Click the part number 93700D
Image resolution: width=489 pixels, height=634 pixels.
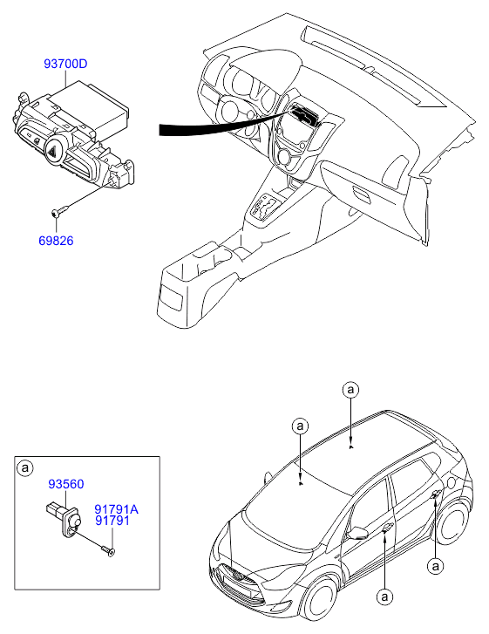[x=65, y=64]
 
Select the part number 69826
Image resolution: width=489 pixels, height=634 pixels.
[x=56, y=241]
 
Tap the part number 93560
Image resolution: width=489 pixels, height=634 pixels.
[x=66, y=484]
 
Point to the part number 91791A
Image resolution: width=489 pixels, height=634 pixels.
[x=117, y=509]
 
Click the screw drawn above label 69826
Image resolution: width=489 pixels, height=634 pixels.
[x=60, y=211]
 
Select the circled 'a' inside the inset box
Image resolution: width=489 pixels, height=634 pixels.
[x=25, y=467]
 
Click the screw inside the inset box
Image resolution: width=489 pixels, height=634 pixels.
[x=108, y=550]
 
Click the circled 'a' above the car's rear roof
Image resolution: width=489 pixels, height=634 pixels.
[x=350, y=389]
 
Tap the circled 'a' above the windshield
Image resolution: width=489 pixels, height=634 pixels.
[x=300, y=426]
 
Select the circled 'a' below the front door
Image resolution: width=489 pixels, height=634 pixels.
[x=384, y=597]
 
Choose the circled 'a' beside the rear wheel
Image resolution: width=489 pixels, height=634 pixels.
[x=435, y=565]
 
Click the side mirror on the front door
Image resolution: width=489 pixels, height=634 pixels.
[x=358, y=533]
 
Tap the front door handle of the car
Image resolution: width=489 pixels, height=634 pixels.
[x=386, y=527]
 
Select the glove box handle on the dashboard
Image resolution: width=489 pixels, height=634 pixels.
[x=362, y=194]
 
